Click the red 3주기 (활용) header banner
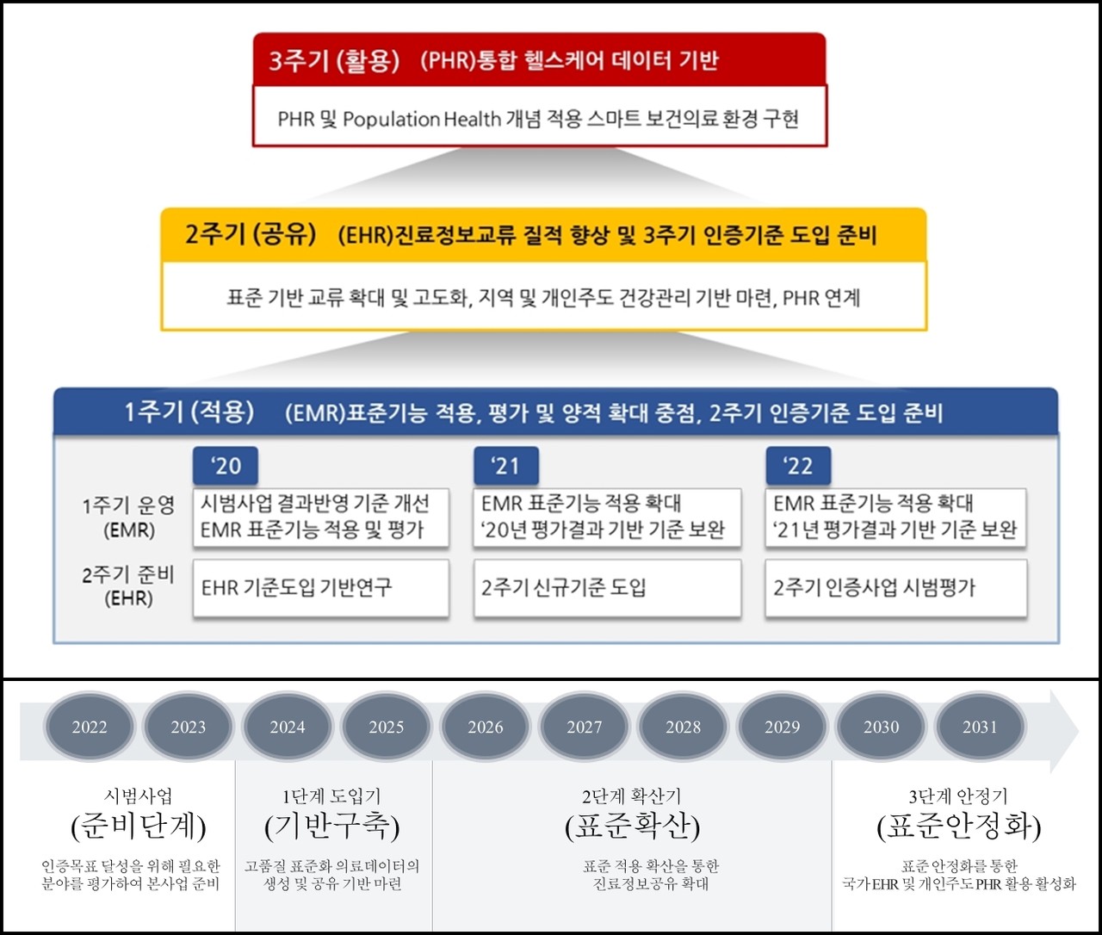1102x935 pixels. pyautogui.click(x=539, y=59)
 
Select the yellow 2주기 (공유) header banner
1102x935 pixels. pyautogui.click(x=543, y=234)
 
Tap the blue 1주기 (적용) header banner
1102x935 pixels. pyautogui.click(x=555, y=412)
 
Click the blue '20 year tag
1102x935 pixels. pyautogui.click(x=226, y=466)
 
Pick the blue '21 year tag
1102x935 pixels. pyautogui.click(x=506, y=466)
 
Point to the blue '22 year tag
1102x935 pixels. pyautogui.click(x=798, y=466)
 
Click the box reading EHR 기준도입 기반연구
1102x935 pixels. pyautogui.click(x=320, y=588)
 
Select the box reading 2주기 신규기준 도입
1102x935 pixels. pyautogui.click(x=607, y=588)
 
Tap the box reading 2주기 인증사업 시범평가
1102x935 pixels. pyautogui.click(x=895, y=588)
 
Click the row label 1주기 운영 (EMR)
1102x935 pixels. pyautogui.click(x=128, y=517)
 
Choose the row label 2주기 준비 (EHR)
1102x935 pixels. pyautogui.click(x=128, y=586)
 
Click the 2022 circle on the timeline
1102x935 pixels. pyautogui.click(x=90, y=728)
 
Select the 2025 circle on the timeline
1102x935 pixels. pyautogui.click(x=387, y=728)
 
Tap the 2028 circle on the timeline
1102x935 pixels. pyautogui.click(x=683, y=728)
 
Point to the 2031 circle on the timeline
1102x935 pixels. pyautogui.click(x=980, y=728)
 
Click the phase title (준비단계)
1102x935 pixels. pyautogui.click(x=139, y=827)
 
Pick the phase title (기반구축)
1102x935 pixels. pyautogui.click(x=332, y=827)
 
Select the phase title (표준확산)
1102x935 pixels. pyautogui.click(x=632, y=827)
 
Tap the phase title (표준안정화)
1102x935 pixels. pyautogui.click(x=959, y=827)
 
